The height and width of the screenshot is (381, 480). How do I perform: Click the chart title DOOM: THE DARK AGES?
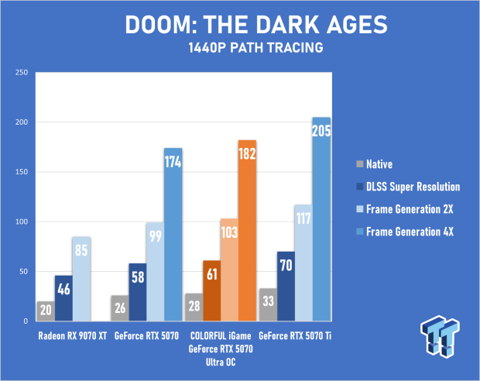tap(256, 25)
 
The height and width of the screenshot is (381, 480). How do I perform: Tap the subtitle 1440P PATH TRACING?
tap(256, 48)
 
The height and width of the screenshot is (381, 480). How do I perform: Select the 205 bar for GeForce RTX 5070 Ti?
tap(321, 219)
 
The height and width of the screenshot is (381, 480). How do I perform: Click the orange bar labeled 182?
tap(247, 230)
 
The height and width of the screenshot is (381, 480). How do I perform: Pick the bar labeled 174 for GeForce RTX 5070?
tap(173, 235)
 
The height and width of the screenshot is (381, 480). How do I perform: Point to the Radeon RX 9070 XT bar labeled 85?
tap(81, 279)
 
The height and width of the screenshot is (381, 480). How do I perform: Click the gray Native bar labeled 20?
tap(46, 311)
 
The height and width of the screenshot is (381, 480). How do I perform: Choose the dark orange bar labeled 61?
tap(212, 290)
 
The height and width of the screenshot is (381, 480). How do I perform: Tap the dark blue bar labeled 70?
tap(286, 287)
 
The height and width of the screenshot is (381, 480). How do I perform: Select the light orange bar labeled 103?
tap(230, 269)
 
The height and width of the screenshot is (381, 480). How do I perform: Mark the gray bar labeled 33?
tap(268, 304)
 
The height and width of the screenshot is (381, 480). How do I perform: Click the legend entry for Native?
tap(375, 164)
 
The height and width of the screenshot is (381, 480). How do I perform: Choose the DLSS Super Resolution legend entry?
tap(408, 187)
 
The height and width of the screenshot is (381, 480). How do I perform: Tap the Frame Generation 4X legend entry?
tap(405, 232)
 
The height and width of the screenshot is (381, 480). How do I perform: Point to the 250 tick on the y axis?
tap(22, 72)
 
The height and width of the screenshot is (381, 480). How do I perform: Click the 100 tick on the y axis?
tap(22, 221)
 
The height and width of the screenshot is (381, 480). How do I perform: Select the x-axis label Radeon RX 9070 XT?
tap(73, 336)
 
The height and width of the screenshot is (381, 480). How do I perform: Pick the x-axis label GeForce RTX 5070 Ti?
tap(295, 336)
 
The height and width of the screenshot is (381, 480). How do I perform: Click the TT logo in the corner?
tap(440, 336)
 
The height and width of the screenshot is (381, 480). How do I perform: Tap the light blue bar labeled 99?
tap(155, 272)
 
